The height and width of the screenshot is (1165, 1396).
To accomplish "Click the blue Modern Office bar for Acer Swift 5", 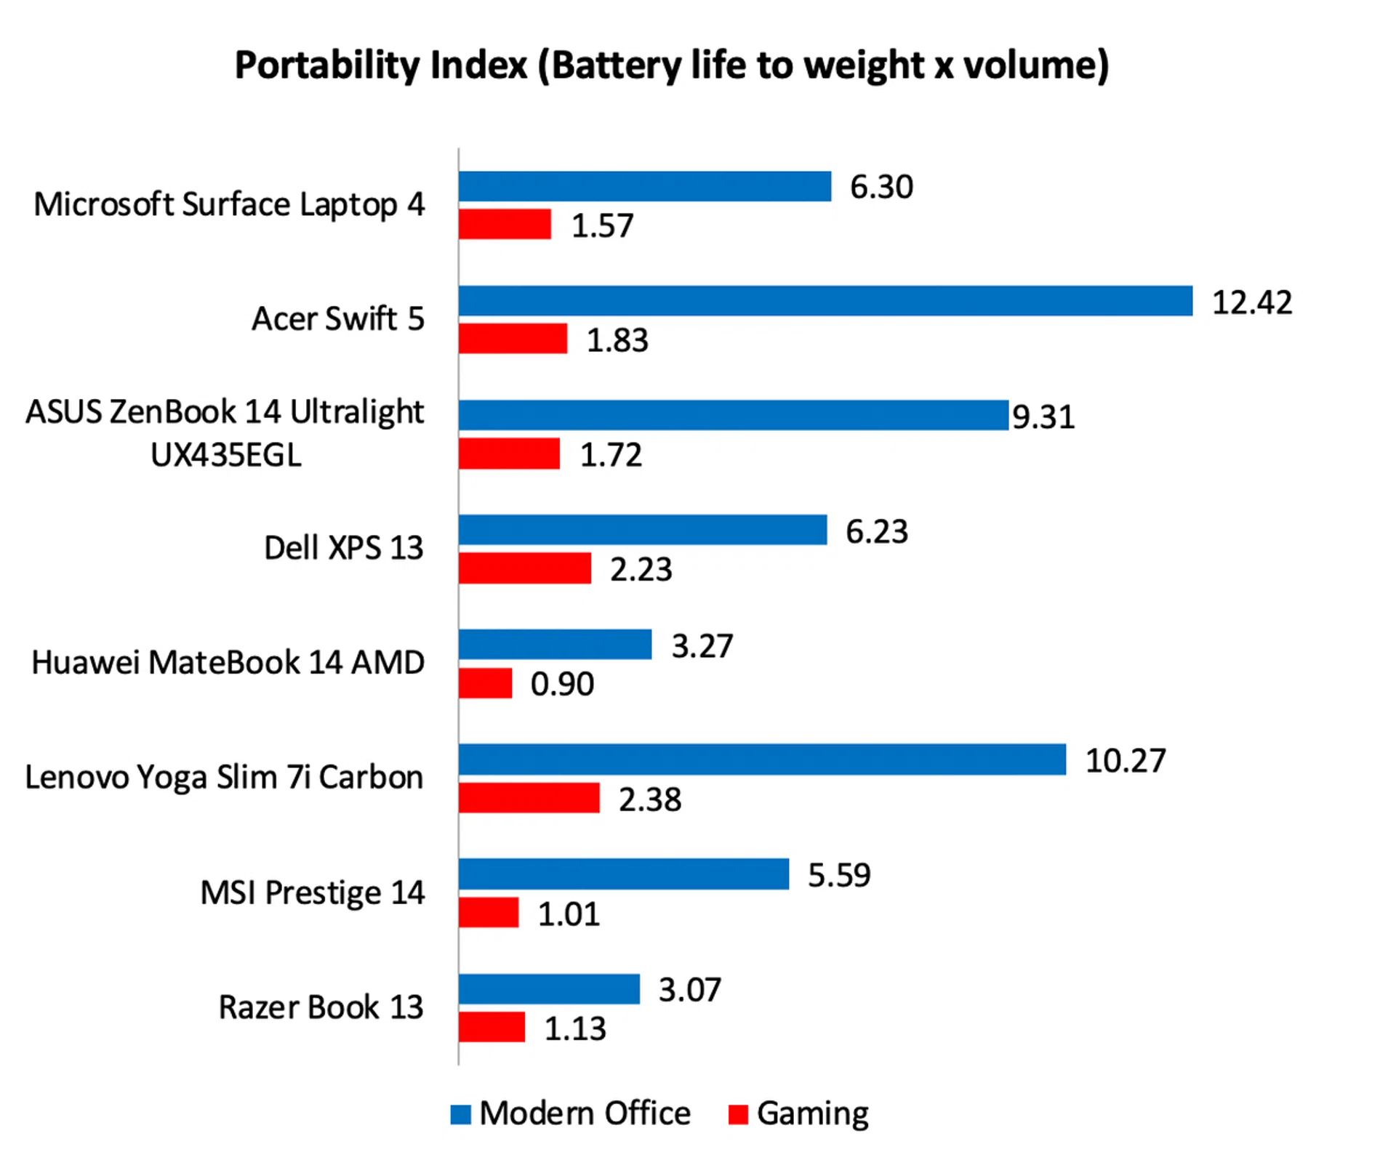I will click(x=825, y=301).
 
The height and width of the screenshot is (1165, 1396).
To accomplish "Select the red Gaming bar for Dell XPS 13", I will click(x=524, y=568).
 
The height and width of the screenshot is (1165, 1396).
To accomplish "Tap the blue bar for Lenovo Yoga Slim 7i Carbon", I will click(x=762, y=759).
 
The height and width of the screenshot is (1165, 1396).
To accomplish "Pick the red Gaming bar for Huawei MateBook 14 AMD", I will click(x=485, y=683).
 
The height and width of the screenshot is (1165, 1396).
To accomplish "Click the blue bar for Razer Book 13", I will click(x=549, y=989).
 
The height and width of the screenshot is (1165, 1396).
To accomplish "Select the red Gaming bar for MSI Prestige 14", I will click(x=489, y=913).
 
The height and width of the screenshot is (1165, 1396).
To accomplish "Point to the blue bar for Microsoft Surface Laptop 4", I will click(x=644, y=186).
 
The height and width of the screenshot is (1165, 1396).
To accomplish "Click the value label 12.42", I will click(x=1252, y=302).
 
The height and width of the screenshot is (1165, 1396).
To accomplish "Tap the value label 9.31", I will click(x=1043, y=417).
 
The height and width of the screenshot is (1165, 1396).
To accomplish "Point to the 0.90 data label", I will click(x=562, y=684).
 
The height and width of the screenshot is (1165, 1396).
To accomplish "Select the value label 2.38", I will click(x=650, y=799).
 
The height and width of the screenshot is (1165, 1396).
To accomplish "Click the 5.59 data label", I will click(x=839, y=875).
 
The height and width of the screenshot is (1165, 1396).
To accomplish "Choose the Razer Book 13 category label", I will click(x=321, y=1007).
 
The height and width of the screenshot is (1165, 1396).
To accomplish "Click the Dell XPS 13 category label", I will click(x=343, y=548).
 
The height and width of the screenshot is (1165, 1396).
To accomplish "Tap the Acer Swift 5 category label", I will click(x=338, y=319).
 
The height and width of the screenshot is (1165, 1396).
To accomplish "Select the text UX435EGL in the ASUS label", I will click(x=225, y=456).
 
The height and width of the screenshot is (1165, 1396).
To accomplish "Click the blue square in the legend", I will click(x=460, y=1114).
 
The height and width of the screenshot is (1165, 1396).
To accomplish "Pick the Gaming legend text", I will click(x=812, y=1113).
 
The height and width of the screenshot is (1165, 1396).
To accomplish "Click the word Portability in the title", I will click(x=326, y=66).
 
